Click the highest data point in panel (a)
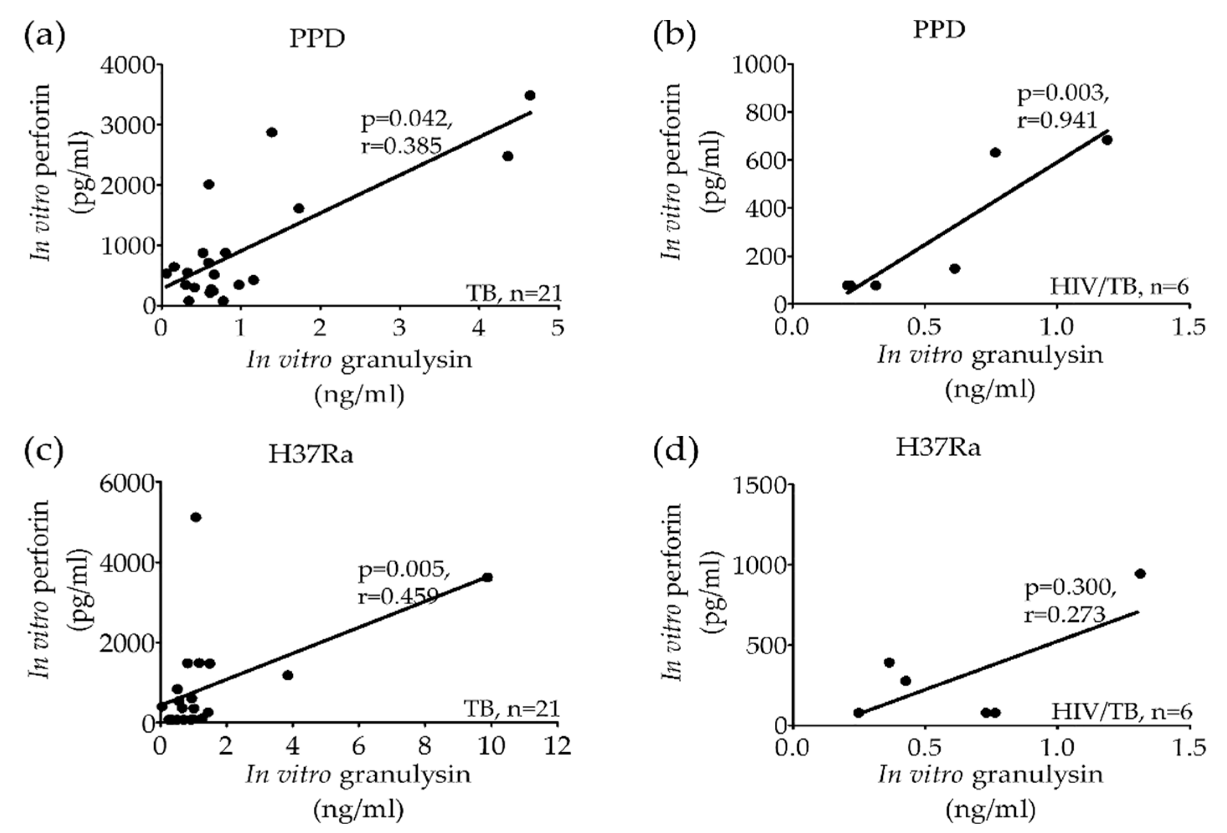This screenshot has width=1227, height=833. point(530,95)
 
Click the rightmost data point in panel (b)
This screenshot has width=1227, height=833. point(1107,140)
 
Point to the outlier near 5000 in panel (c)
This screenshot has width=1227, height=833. point(196,518)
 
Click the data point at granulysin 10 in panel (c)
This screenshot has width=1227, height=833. point(487,578)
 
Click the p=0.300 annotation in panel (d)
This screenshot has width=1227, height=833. point(1070,589)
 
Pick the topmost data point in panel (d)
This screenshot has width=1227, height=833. point(1140,574)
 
